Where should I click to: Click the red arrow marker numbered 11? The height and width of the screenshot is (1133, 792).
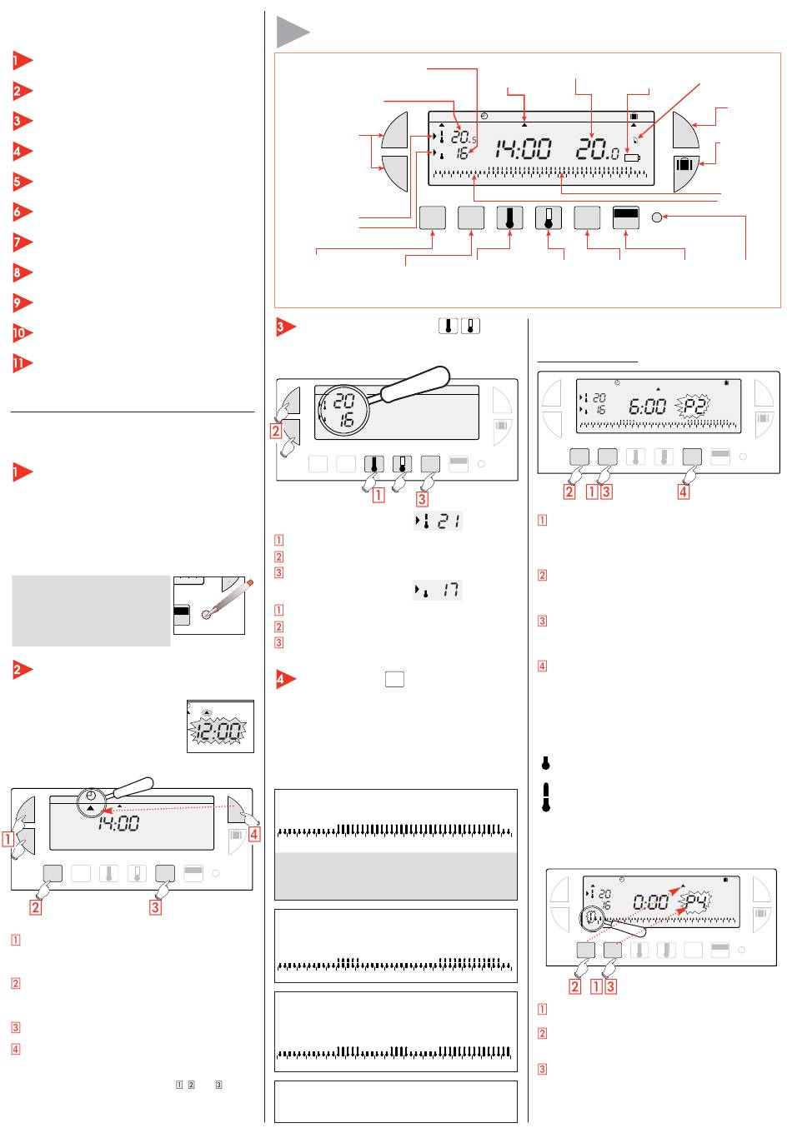pyautogui.click(x=23, y=364)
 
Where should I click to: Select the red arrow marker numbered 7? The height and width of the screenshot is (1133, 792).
pyautogui.click(x=23, y=242)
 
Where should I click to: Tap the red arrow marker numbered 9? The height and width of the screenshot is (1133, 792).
pyautogui.click(x=23, y=303)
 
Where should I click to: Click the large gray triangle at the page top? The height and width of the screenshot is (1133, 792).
pyautogui.click(x=293, y=34)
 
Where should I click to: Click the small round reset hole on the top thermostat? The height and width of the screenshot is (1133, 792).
pyautogui.click(x=657, y=217)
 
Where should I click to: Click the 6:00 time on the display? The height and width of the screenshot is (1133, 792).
pyautogui.click(x=647, y=408)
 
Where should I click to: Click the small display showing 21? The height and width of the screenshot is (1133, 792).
pyautogui.click(x=439, y=522)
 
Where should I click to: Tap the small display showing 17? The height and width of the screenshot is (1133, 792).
pyautogui.click(x=439, y=591)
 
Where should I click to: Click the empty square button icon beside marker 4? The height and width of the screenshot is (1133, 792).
pyautogui.click(x=395, y=680)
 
